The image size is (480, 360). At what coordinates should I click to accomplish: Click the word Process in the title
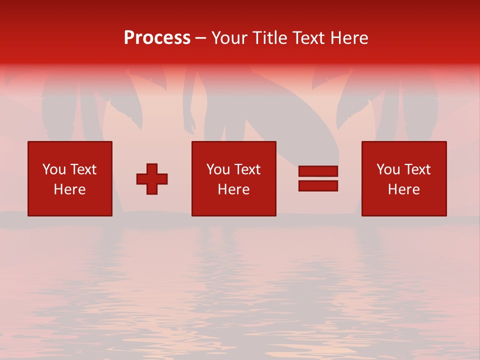coord(157,38)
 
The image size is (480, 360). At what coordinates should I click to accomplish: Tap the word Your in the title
coord(228,38)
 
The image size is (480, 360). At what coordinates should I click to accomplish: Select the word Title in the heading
coord(267,38)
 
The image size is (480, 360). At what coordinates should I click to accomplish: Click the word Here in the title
coord(349,38)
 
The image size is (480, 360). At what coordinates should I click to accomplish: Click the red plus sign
coord(152,179)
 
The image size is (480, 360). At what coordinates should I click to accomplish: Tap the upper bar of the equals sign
coord(318,171)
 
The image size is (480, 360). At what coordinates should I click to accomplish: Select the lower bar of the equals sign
coord(318,185)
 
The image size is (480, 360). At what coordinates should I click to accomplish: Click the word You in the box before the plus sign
coord(54,169)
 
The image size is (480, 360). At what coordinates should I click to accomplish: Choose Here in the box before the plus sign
coord(69,189)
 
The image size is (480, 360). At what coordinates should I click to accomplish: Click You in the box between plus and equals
coord(218,169)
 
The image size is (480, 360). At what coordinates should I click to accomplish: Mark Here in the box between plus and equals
coord(233,189)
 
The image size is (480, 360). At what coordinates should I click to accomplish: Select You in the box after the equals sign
coord(388,169)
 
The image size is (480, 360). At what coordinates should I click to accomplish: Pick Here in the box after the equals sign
coord(403,189)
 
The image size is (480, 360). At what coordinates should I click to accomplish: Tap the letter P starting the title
coord(129,38)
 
